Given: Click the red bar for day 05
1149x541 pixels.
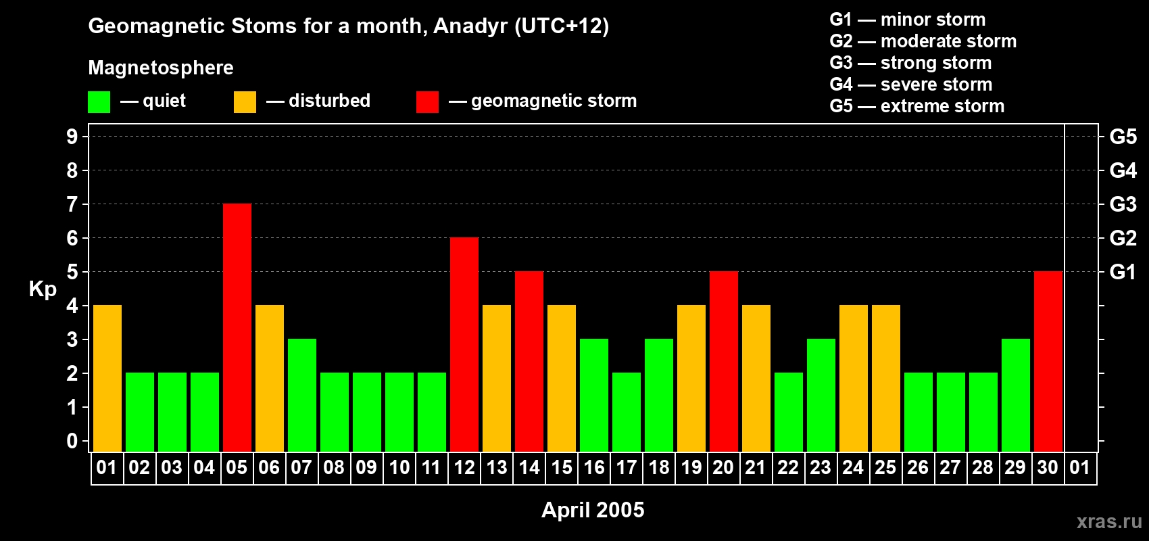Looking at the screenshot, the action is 237,327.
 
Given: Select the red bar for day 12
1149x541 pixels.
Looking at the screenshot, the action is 464,344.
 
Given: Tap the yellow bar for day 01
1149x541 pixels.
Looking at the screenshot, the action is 107,378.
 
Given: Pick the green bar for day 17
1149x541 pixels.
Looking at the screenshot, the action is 627,412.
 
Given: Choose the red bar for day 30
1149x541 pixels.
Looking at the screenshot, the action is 1048,361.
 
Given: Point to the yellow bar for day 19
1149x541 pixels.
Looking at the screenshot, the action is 691,378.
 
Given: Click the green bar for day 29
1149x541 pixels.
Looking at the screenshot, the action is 1016,395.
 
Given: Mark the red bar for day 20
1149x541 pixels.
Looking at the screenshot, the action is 724,361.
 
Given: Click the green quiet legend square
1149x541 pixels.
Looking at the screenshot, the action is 99,101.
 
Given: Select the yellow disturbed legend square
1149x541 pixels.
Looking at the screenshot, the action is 245,101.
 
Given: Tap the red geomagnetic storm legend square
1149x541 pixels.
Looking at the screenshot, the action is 427,101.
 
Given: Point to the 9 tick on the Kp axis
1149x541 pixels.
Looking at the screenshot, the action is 72,137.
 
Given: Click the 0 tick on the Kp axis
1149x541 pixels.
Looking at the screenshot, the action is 72,441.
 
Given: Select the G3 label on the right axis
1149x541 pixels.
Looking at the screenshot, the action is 1123,204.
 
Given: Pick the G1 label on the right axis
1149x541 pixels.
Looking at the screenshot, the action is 1123,272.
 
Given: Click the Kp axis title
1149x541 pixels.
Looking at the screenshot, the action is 43,289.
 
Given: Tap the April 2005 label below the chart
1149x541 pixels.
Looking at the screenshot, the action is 593,510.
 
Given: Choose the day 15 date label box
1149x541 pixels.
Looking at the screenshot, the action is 562,467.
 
